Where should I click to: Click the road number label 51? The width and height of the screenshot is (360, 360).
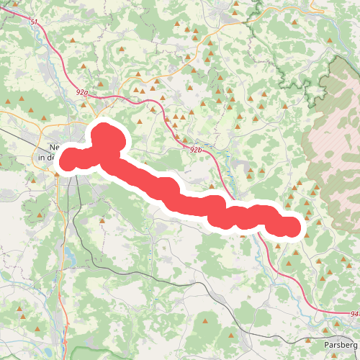coord(34,22)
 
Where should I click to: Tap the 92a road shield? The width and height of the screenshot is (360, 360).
coord(81,93)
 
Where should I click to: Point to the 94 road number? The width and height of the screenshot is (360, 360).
coord(354,314)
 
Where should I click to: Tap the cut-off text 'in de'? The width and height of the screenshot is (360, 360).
coord(46,157)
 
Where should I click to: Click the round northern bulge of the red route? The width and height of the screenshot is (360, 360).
coord(106,136)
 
